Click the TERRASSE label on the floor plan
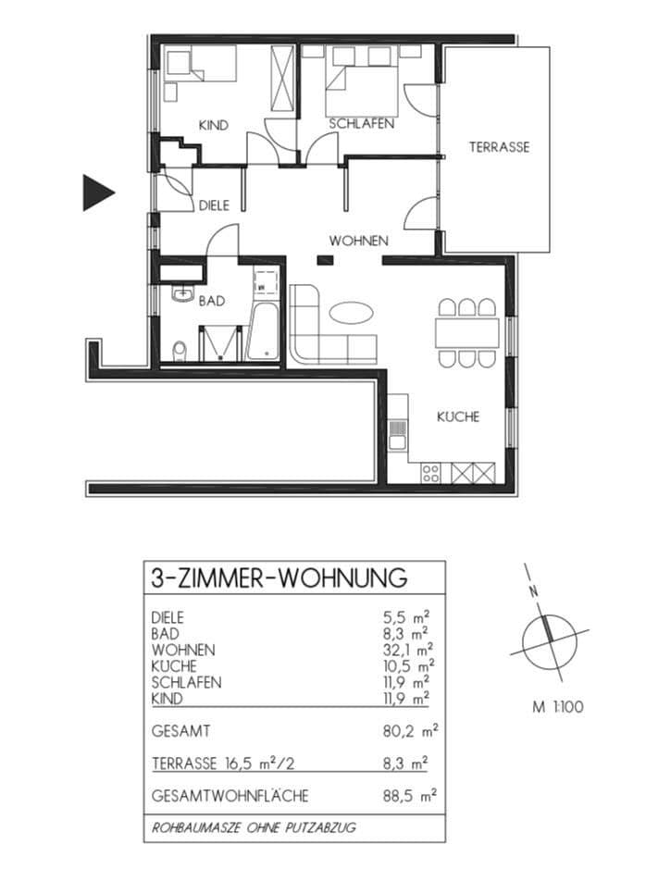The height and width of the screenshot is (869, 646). click(499, 147)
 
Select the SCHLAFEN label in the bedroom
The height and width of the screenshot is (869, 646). click(363, 123)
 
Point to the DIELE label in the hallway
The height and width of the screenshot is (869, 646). click(213, 206)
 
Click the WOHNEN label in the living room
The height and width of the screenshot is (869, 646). click(358, 241)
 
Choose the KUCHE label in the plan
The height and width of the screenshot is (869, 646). click(458, 417)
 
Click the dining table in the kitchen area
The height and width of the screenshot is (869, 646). click(466, 332)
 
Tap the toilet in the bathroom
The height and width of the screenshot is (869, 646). click(180, 349)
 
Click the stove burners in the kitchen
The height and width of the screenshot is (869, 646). click(430, 473)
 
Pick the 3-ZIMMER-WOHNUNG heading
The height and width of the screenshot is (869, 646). click(279, 578)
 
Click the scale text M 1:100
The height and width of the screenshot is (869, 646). click(557, 708)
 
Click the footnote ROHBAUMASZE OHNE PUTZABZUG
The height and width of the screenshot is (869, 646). click(255, 827)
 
